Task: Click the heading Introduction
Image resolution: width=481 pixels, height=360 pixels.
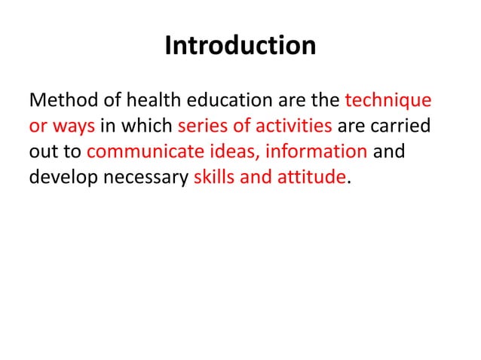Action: [240, 47]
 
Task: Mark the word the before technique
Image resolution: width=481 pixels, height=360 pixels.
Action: [326, 100]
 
